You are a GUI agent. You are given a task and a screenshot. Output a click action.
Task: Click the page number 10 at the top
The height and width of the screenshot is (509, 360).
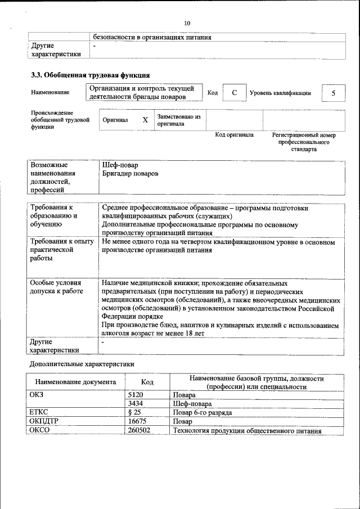click(x=187, y=23)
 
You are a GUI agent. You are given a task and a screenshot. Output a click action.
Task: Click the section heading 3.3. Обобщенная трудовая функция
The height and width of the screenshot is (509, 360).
click(x=89, y=75)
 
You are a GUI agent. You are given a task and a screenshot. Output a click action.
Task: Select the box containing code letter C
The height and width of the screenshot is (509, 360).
click(x=234, y=93)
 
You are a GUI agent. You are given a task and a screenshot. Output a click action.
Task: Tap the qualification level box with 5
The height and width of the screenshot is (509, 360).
click(x=334, y=93)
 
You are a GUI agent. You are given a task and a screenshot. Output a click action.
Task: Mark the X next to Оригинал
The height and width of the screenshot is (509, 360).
click(x=145, y=120)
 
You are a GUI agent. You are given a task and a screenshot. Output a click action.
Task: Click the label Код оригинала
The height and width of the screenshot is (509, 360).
click(x=235, y=135)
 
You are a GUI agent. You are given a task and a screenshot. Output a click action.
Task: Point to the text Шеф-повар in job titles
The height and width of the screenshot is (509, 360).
click(x=120, y=165)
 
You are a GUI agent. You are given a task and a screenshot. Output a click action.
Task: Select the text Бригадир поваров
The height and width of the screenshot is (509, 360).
click(x=130, y=174)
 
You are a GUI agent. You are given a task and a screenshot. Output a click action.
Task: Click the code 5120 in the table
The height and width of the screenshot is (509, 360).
click(x=136, y=395)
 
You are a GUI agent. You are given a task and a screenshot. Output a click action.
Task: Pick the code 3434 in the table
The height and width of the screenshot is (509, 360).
click(x=136, y=404)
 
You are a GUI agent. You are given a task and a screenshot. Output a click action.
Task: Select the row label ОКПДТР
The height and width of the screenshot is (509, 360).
click(x=43, y=421)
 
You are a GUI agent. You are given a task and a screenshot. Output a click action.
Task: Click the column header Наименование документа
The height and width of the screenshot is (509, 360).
click(x=75, y=382)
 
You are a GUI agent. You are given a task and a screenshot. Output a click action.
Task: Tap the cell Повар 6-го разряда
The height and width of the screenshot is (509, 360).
click(x=202, y=412)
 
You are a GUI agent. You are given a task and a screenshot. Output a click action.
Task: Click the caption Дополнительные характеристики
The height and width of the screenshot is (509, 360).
click(x=82, y=364)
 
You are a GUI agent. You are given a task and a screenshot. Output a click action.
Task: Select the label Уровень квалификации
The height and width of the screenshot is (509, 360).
click(x=280, y=93)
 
